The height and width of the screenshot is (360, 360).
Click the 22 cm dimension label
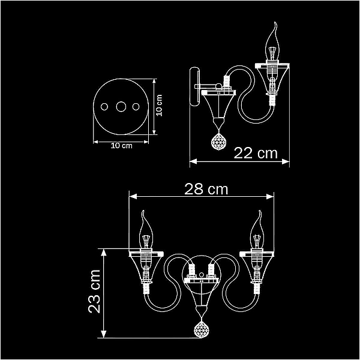[x=256, y=153]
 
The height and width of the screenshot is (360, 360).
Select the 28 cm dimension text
[x=206, y=189]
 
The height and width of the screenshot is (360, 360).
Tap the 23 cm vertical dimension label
[x=94, y=292]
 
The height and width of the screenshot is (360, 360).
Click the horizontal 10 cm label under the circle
[x=121, y=146]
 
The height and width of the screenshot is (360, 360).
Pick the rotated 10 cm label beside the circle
[x=159, y=106]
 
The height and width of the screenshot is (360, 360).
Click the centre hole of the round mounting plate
[x=121, y=107]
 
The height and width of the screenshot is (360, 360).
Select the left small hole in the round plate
[x=104, y=107]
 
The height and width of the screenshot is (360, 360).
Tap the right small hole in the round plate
[x=136, y=107]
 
